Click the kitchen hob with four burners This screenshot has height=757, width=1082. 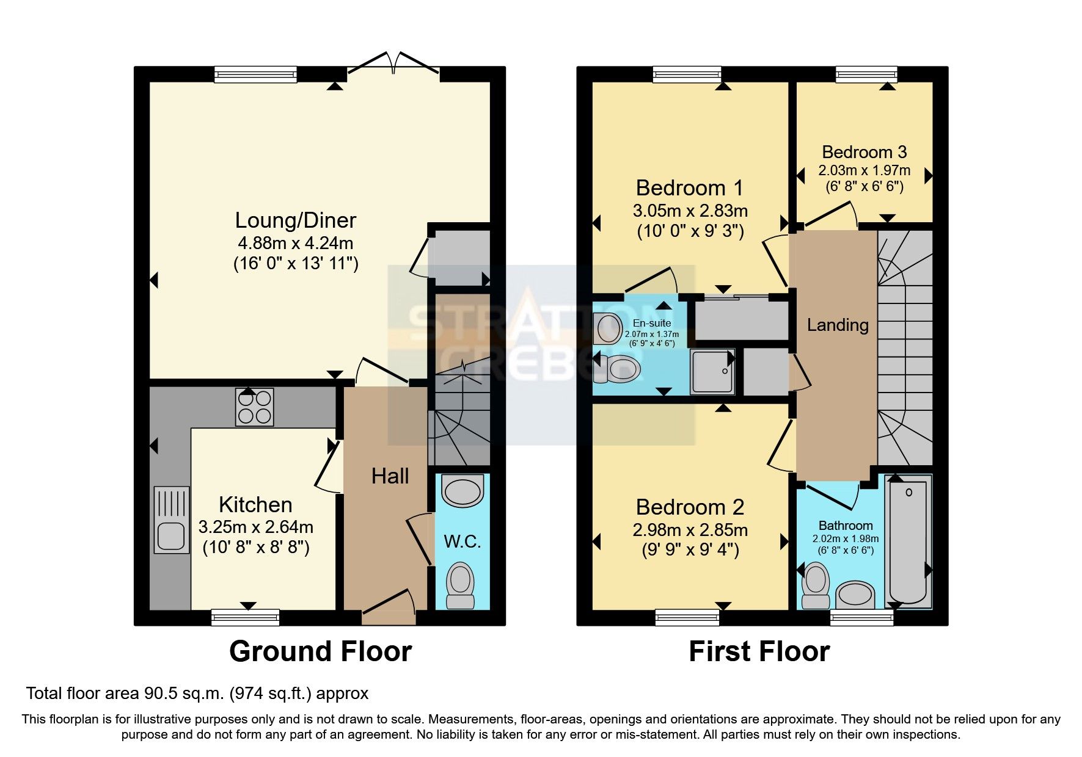254,407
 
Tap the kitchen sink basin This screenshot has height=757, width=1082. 171,535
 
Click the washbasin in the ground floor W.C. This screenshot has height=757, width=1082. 462,492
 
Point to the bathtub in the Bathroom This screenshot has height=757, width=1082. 908,541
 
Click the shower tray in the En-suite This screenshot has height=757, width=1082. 712,371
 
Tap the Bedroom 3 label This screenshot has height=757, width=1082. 864,152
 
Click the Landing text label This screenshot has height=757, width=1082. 838,325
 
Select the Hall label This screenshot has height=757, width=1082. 390,476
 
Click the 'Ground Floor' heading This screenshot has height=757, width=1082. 320,651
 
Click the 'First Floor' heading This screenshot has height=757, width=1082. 759,651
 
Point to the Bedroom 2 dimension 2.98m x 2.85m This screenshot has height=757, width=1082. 690,530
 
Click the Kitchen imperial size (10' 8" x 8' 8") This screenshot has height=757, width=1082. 256,547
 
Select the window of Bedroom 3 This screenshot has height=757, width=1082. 866,74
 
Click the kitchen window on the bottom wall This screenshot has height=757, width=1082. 245,617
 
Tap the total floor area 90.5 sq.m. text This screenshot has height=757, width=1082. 197,694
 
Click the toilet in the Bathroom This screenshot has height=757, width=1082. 815,584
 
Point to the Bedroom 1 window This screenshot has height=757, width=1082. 687,74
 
